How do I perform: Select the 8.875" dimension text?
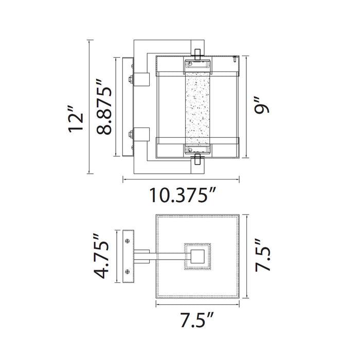click(104, 110)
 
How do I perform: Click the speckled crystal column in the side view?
click(197, 109)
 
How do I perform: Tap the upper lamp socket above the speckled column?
click(197, 65)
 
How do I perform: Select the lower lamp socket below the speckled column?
click(197, 150)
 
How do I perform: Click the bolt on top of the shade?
click(197, 51)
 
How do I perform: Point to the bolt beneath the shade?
click(197, 164)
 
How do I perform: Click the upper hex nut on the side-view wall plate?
click(132, 80)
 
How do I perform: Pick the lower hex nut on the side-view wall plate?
click(132, 136)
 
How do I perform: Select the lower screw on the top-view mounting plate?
click(127, 271)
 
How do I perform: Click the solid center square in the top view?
click(197, 255)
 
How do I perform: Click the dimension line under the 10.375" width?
click(181, 179)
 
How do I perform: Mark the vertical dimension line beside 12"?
click(90, 108)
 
